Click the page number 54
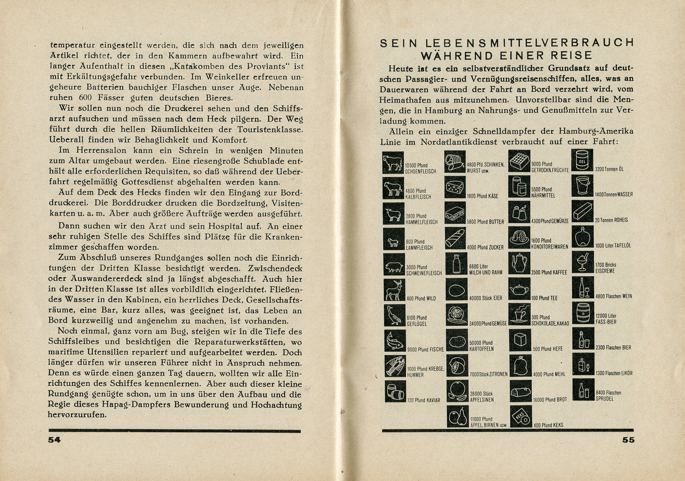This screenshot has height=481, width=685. click(54, 440)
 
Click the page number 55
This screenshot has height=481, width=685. click(628, 440)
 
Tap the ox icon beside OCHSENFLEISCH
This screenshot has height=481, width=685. click(393, 162)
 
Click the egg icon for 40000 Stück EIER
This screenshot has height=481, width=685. click(456, 290)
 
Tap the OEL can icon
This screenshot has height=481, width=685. click(582, 160)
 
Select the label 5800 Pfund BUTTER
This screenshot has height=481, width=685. click(486, 222)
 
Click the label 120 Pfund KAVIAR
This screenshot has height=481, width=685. click(423, 400)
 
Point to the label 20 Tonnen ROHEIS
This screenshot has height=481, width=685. click(611, 220)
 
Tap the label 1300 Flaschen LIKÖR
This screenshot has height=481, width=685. click(614, 373)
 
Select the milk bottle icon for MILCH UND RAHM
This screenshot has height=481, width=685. click(456, 264)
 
